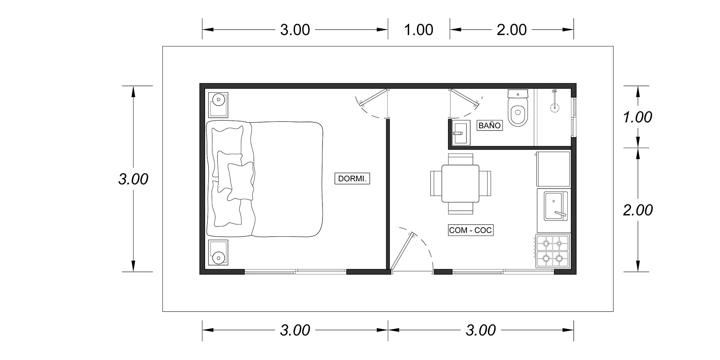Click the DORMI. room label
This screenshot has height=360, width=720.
click(x=352, y=179)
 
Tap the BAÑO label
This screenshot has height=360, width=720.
click(x=489, y=125)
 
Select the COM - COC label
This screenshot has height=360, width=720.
click(x=470, y=230)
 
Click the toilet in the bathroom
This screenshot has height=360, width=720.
click(x=518, y=107)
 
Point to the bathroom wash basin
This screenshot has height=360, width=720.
click(x=460, y=133)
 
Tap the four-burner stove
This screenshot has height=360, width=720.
click(x=552, y=251)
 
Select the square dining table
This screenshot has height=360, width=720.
click(x=460, y=184)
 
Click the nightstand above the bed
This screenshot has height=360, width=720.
click(x=218, y=104)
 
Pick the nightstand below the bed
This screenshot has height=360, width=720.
click(x=218, y=252)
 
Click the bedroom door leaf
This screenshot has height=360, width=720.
click(x=373, y=96)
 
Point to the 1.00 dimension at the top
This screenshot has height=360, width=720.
click(x=419, y=30)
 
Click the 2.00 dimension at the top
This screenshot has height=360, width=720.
click(x=512, y=30)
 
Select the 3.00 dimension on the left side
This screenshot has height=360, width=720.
click(x=133, y=179)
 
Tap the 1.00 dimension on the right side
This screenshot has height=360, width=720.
click(x=637, y=117)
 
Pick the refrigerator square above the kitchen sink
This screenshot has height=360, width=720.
click(x=553, y=169)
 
